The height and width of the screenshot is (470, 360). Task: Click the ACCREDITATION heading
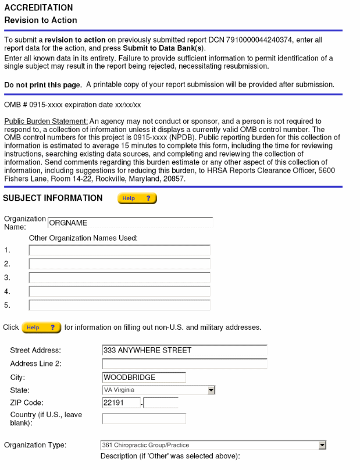tap(38, 8)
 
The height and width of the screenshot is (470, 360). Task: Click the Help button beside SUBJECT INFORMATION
tap(137, 199)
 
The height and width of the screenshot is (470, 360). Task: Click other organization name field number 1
tap(119, 251)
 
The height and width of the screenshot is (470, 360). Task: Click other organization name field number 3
tap(119, 277)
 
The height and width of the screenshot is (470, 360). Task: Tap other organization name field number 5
tap(119, 305)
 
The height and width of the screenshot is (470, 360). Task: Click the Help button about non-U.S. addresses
tap(41, 327)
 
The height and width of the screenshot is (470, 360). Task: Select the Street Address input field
tap(184, 350)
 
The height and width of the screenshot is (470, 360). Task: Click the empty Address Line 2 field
tap(184, 364)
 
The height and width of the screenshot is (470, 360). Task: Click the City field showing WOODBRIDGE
tap(144, 377)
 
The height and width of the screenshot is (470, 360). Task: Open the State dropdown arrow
tap(211, 390)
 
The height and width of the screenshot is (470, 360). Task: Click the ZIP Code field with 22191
tap(121, 403)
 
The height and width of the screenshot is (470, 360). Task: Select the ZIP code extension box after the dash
tap(161, 403)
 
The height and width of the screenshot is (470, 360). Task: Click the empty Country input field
tap(144, 418)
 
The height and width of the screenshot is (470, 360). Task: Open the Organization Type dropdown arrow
tap(322, 446)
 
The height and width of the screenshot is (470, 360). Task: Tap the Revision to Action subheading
tap(41, 20)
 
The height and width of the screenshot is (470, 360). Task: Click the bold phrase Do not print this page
tap(43, 85)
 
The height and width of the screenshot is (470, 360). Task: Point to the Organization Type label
tap(35, 446)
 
